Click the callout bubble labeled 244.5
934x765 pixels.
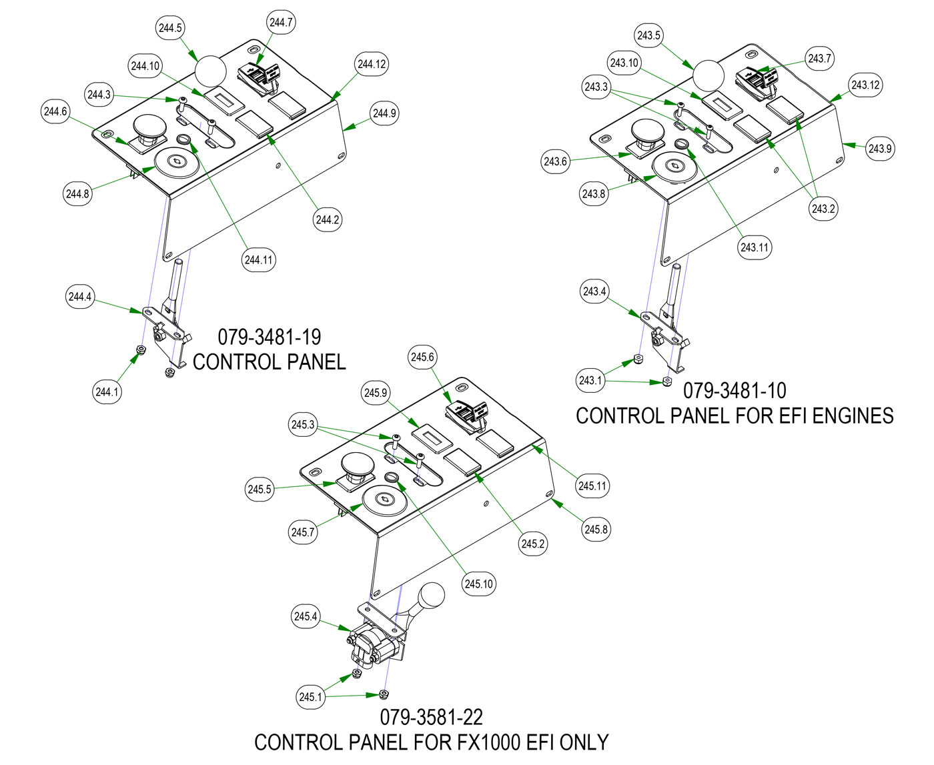(x=170, y=28)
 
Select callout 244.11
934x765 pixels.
(x=259, y=259)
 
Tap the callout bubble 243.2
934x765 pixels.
(x=823, y=209)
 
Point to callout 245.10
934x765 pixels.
(x=478, y=584)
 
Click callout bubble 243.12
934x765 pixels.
(x=865, y=85)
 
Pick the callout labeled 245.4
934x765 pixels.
(x=306, y=616)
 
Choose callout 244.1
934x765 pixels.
(x=107, y=392)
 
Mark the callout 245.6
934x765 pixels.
(x=422, y=357)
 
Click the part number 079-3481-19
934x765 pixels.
(x=270, y=337)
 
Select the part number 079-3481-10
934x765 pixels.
(x=735, y=390)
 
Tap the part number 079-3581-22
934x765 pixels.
(x=432, y=717)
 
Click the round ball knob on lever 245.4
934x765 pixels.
(x=431, y=595)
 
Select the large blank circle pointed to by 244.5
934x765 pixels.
(x=210, y=71)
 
